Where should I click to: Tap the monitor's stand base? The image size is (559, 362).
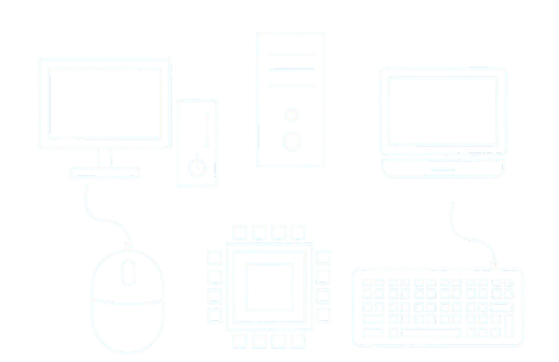tap(104, 172)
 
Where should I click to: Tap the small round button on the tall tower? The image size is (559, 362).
tap(292, 115)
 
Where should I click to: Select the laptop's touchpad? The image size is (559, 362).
tap(442, 169)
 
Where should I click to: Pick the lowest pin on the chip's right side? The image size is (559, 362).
tap(321, 315)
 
